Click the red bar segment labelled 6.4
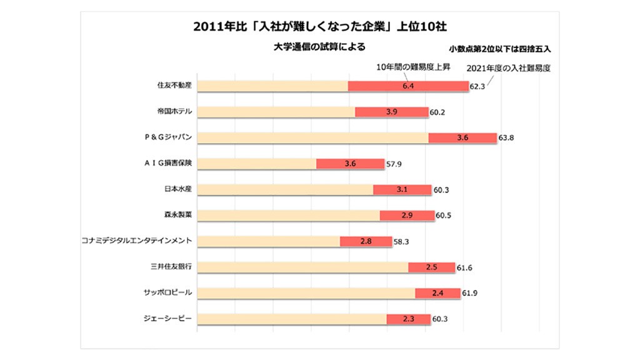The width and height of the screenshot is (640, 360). click(408, 86)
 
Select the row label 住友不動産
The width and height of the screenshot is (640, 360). click(174, 86)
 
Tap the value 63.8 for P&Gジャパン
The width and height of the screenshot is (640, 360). click(506, 137)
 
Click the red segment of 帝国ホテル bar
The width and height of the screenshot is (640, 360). click(391, 112)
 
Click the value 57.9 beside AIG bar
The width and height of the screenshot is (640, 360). click(396, 164)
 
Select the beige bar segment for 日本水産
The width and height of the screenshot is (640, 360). click(285, 189)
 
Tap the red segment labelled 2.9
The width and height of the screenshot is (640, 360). click(407, 215)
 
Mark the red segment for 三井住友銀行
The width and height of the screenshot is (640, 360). click(431, 267)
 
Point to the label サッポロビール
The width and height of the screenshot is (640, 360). click(169, 292)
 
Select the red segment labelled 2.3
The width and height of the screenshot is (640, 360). click(408, 319)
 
